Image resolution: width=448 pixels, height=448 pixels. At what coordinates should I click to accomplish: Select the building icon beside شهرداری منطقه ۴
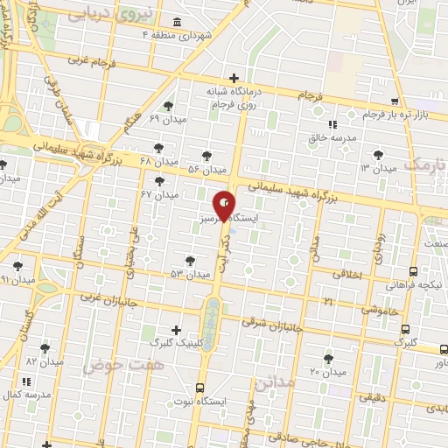tap(178, 22)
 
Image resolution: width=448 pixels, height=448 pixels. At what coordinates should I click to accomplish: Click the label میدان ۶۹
tap(167, 118)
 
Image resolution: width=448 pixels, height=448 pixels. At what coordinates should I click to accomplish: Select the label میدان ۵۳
tap(190, 274)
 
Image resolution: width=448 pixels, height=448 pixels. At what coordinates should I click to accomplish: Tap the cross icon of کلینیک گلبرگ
tap(177, 330)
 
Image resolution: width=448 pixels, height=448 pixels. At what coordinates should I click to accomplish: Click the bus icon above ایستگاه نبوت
tap(200, 386)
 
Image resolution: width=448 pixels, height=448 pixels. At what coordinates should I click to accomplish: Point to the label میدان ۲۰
tap(328, 372)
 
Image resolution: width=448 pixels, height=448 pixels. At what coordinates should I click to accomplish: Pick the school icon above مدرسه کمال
tap(27, 381)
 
